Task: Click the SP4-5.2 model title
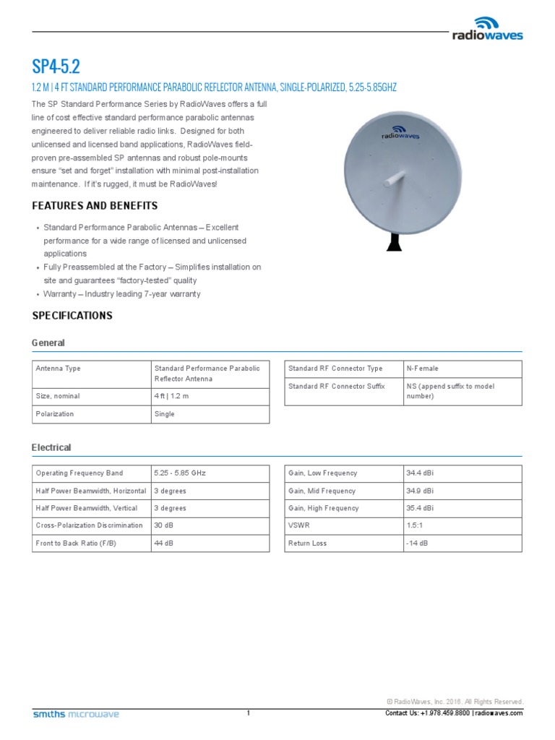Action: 56,67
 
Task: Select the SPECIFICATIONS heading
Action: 72,316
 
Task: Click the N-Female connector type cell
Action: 423,369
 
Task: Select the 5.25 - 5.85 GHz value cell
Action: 180,473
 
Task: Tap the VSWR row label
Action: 298,526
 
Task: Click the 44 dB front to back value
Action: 163,543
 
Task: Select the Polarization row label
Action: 55,414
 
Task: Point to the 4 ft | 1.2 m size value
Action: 171,396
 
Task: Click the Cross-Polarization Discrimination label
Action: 88,526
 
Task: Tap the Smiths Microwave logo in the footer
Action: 76,714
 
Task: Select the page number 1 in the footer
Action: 248,713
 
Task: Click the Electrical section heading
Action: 51,448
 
